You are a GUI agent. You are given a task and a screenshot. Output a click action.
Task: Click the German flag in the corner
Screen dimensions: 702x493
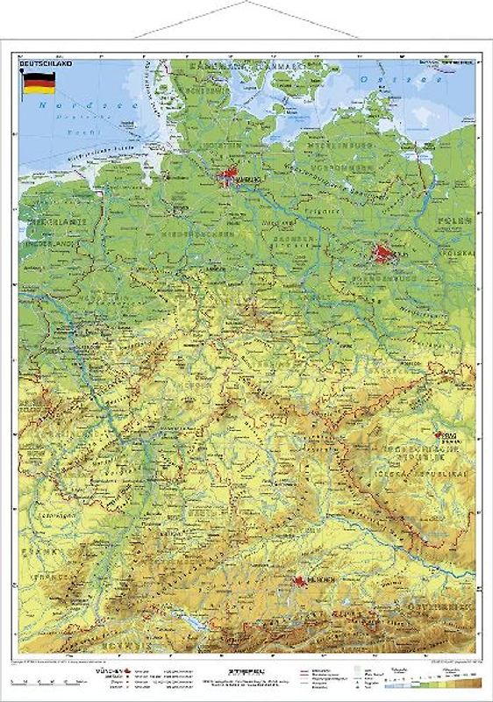(39, 83)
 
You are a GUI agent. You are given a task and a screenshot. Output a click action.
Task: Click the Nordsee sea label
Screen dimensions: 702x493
(53, 108)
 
